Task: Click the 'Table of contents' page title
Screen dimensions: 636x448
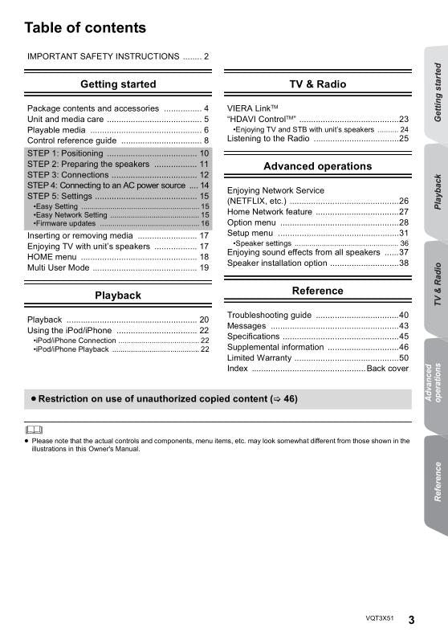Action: [x=85, y=28]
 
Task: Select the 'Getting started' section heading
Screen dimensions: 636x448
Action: [x=118, y=84]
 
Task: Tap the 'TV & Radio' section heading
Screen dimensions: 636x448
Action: [x=317, y=84]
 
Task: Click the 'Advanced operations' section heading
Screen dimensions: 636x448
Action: [x=317, y=166]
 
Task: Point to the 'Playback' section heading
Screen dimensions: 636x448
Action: [x=118, y=296]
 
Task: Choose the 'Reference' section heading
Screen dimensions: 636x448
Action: [x=317, y=291]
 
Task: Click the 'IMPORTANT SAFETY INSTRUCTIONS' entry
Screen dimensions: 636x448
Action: [x=103, y=56]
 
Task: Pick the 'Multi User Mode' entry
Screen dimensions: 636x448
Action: [x=59, y=267]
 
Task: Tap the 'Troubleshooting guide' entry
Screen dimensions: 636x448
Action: [x=269, y=315]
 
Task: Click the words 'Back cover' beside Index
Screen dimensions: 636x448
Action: [x=387, y=369]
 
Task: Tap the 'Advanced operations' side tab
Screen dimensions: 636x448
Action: [x=434, y=382]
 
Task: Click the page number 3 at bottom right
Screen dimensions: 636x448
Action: [x=411, y=619]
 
